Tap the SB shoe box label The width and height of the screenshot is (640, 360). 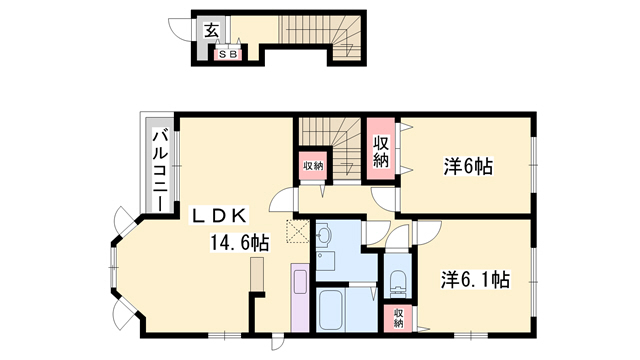click(x=228, y=55)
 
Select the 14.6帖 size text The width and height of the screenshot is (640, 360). click(x=238, y=242)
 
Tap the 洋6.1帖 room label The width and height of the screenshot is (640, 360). click(x=476, y=281)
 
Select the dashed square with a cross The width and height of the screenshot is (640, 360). click(x=296, y=231)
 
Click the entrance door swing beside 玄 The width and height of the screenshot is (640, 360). click(x=179, y=31)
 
